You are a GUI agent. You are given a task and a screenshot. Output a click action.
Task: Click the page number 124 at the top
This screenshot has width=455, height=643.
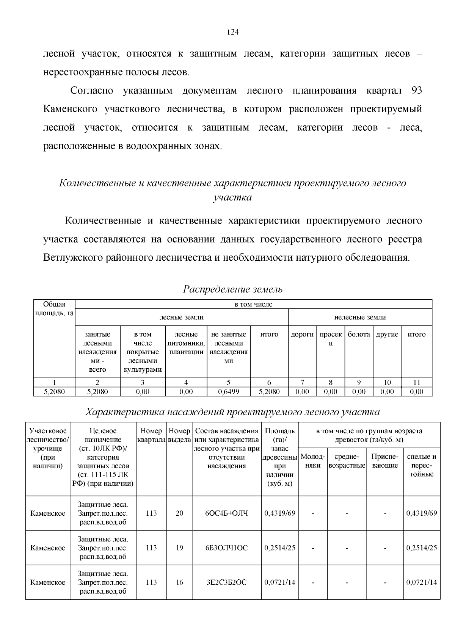tap(232, 32)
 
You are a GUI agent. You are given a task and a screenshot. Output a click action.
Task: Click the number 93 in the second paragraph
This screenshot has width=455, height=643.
tap(416, 91)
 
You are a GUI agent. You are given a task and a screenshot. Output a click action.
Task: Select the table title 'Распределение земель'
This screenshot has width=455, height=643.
tap(233, 289)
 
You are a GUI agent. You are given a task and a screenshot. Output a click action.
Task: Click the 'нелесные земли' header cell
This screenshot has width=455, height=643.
tap(360, 317)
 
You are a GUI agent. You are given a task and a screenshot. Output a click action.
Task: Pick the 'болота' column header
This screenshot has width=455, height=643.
tap(359, 335)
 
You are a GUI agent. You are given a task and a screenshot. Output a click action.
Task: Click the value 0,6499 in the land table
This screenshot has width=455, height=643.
tap(228, 391)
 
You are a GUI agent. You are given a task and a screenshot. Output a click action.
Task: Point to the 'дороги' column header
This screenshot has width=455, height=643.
tap(302, 335)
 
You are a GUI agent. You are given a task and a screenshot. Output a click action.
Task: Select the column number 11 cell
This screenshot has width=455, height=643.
tap(416, 382)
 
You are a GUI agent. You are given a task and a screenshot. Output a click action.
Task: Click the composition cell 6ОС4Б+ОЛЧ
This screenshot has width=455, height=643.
tap(226, 513)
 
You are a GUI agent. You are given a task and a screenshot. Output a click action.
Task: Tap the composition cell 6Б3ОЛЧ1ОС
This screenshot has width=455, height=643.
tap(226, 548)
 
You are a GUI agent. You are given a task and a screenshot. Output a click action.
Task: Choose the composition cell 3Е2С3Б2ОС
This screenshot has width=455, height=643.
tap(226, 582)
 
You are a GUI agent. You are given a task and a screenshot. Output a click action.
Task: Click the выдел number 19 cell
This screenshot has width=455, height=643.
tap(179, 548)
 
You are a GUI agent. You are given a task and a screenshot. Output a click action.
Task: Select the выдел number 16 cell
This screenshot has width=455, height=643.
tap(179, 582)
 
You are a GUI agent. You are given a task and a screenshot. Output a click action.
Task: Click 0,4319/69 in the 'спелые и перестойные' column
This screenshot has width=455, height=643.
tap(421, 513)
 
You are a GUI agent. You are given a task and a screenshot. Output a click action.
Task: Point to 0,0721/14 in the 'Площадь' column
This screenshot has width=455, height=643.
tap(279, 582)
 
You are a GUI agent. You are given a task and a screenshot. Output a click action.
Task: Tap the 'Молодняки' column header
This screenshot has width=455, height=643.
tap(313, 461)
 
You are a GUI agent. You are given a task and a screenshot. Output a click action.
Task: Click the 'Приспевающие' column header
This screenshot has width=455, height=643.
tap(385, 461)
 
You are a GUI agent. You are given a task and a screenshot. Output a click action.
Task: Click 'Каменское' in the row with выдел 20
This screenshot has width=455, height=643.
tap(48, 513)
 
